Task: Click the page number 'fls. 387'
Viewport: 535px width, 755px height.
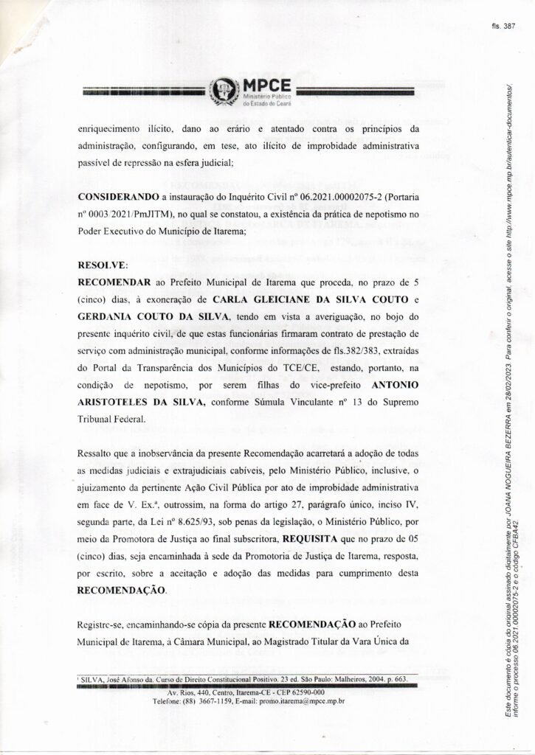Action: point(503,25)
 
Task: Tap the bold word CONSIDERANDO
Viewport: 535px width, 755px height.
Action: point(118,199)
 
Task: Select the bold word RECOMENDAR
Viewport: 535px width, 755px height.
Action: point(114,280)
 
